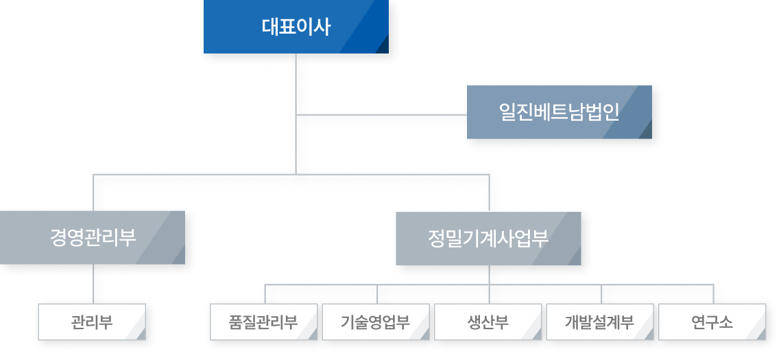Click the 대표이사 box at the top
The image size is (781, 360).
296,26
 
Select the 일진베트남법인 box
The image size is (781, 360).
560,112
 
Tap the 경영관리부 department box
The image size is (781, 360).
92,237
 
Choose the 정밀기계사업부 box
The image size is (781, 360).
488,239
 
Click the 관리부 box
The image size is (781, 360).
92,322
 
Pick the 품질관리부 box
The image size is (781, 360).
264,322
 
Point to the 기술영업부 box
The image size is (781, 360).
376,322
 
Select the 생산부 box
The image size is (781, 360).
488,322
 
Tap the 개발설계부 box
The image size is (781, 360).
600,322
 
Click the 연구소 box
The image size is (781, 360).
712,322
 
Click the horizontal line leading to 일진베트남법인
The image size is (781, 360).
381,115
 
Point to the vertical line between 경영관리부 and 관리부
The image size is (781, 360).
93,284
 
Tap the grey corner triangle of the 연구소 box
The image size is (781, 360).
761,335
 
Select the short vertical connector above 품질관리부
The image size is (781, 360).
265,293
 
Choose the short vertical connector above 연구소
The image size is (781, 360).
713,293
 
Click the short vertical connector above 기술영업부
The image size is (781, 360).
377,293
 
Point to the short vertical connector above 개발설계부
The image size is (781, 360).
601,293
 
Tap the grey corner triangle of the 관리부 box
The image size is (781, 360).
141,335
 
